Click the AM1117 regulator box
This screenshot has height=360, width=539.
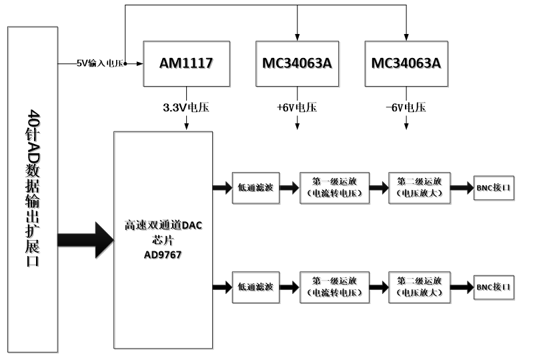click(186, 63)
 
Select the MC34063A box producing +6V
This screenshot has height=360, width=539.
click(297, 63)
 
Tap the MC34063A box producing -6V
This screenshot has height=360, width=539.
click(406, 63)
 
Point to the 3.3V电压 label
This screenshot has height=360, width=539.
click(186, 107)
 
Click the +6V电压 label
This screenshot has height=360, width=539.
click(297, 107)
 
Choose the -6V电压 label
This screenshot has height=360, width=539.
click(406, 107)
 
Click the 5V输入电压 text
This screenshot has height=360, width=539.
click(99, 63)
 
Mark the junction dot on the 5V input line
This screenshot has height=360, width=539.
click(125, 63)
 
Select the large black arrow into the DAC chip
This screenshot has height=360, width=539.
click(85, 240)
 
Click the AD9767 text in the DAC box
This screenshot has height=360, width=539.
click(163, 255)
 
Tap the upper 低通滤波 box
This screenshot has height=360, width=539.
click(255, 188)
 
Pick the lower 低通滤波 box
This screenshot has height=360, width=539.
click(255, 287)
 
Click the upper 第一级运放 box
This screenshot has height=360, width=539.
click(334, 188)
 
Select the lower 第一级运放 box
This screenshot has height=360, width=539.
click(334, 287)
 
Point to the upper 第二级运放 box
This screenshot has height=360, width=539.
click(420, 188)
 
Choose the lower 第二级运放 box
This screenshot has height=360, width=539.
click(420, 287)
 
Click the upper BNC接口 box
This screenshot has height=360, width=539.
click(494, 187)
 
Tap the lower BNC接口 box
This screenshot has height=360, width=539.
click(494, 287)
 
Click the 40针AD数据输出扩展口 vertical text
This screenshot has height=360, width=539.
click(33, 188)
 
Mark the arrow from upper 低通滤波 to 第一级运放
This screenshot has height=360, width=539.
click(290, 188)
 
